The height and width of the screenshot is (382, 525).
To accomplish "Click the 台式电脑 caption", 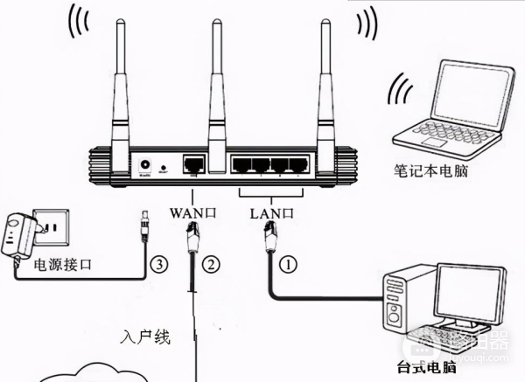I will coord(426,370).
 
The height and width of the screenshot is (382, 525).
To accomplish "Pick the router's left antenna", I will coord(117,87).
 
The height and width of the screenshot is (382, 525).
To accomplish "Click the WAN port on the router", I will coord(193,163).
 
